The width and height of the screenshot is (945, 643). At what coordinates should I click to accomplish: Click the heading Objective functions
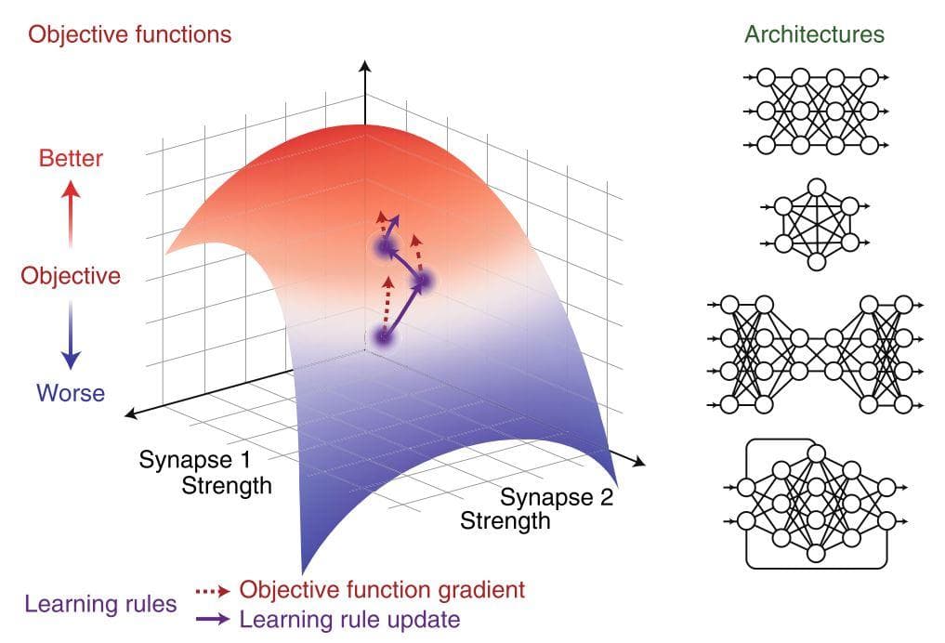pos(129,34)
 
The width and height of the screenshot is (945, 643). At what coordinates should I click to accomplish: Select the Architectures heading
pos(814,33)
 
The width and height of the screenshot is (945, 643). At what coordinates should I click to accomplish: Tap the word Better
pos(71,159)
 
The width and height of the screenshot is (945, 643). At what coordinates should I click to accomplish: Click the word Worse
pos(71,393)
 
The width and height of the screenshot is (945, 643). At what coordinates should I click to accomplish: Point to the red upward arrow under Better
pos(71,214)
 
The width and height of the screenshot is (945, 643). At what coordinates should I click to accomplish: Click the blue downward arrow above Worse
pos(71,335)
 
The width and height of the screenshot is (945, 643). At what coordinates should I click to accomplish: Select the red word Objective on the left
pos(71,276)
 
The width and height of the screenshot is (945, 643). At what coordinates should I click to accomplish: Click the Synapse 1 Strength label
pos(205,472)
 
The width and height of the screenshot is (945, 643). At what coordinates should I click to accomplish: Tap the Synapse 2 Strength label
pos(536,508)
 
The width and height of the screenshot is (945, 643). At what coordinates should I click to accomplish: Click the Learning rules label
pos(100,604)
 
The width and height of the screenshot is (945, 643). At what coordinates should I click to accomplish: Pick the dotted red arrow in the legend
pos(213,591)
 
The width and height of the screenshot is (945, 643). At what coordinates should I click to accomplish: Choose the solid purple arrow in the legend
pos(213,619)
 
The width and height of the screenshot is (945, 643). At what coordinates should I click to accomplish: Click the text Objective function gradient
pos(382,590)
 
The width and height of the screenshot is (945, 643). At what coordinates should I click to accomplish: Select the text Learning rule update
pos(349,620)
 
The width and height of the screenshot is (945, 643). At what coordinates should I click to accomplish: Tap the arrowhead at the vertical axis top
pos(364,66)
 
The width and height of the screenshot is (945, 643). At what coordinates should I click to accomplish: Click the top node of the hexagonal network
pos(817,188)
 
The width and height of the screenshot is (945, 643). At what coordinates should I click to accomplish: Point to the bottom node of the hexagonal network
pos(817,261)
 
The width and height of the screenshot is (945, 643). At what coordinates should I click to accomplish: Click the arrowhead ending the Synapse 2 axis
pos(639,462)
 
